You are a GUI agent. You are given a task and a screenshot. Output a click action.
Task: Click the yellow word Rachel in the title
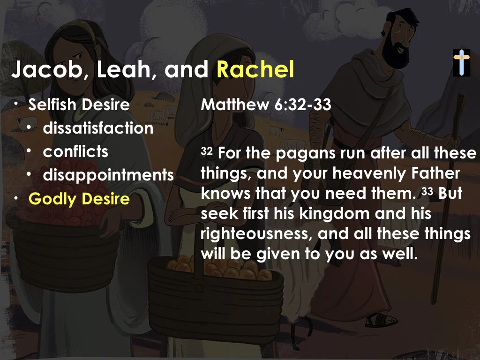255,70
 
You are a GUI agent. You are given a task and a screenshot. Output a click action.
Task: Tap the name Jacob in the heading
47,70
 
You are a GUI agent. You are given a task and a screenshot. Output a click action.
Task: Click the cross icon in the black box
461,62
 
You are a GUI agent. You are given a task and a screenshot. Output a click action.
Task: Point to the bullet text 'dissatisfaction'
98,128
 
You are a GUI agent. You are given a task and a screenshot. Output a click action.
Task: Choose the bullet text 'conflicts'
75,152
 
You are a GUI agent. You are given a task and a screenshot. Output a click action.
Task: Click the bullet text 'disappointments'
108,175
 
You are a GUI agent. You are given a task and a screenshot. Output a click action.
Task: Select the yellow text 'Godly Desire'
79,199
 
